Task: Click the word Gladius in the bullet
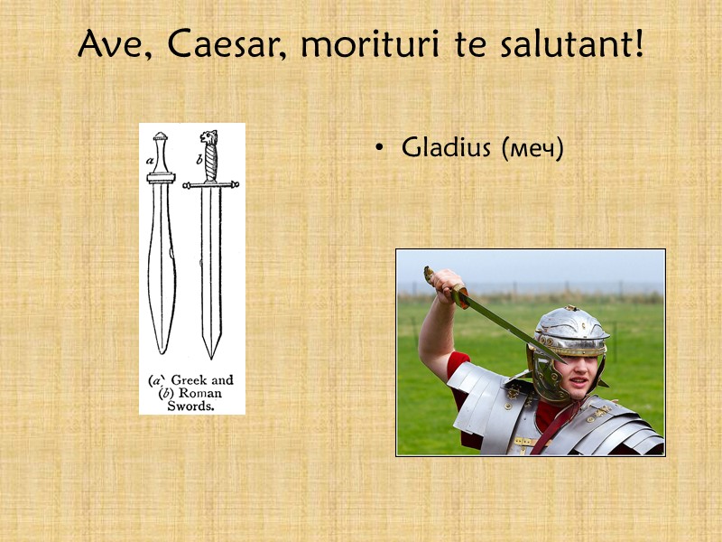coord(447,147)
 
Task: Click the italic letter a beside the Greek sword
coord(149,160)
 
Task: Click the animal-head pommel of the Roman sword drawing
coord(209,137)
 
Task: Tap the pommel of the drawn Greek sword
coord(160,138)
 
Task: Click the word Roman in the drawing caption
coord(199,393)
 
